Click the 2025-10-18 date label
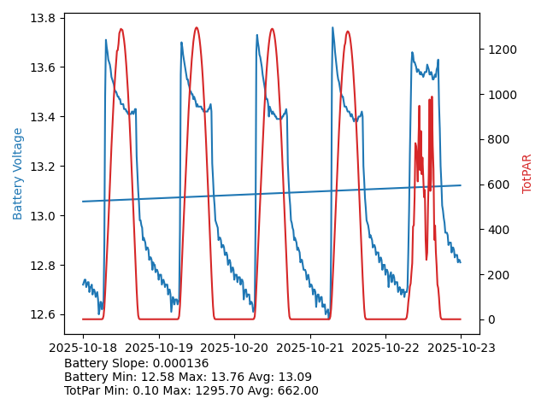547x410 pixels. coord(83,348)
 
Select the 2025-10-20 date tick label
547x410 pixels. coord(234,348)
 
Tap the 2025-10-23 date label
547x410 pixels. coord(461,348)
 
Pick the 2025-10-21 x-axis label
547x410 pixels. coord(309,348)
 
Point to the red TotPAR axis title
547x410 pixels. coord(527,173)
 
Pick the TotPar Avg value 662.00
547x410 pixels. coord(296,390)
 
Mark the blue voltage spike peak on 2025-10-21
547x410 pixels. coord(332,28)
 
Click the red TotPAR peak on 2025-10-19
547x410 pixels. coord(197,28)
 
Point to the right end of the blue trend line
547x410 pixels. coord(461,185)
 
